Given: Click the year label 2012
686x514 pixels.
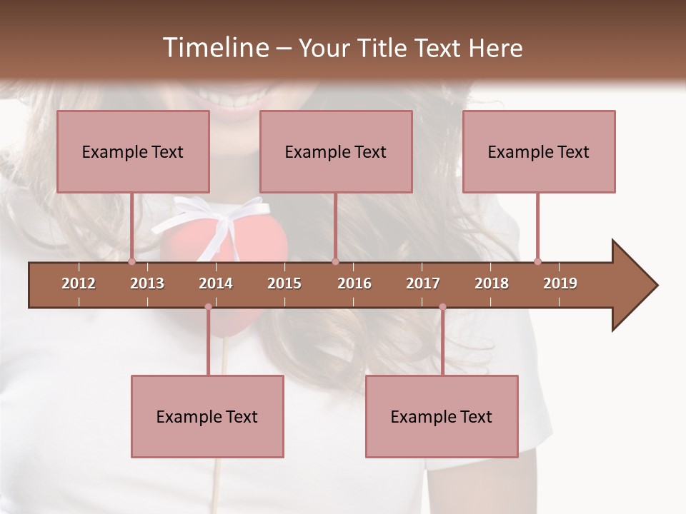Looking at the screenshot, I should tap(79, 283).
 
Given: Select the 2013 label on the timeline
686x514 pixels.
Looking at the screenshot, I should tap(147, 283).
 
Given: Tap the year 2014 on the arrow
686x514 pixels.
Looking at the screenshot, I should tap(216, 283).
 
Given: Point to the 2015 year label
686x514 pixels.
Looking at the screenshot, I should tap(284, 283).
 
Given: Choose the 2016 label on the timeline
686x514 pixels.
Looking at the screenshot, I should tap(354, 283).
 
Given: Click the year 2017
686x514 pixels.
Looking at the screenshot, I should tap(423, 283).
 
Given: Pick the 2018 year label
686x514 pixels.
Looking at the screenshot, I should tap(492, 283).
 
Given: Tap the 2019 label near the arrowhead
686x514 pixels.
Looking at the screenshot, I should tap(560, 283).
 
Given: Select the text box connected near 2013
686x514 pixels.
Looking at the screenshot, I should tap(133, 151).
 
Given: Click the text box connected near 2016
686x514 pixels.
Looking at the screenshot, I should tap(336, 151).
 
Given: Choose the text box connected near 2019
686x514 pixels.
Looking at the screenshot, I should tap(539, 151).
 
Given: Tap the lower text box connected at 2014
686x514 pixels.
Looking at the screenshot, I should tap(207, 417).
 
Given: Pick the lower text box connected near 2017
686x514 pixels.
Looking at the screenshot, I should tap(442, 417).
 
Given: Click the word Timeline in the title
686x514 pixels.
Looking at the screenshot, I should tap(214, 48).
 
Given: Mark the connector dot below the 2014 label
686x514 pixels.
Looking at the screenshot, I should tap(208, 307).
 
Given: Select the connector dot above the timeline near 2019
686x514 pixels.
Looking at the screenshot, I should tap(537, 261).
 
